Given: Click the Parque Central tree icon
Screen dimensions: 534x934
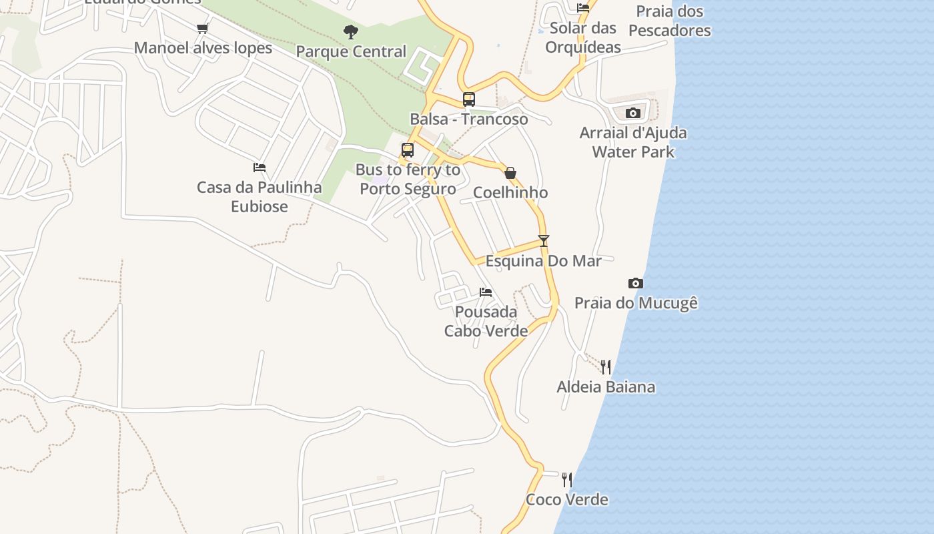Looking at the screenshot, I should point(350,31).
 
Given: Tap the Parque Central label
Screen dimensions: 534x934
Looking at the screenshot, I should point(351,51).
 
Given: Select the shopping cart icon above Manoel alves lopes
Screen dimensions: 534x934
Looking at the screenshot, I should point(203,28).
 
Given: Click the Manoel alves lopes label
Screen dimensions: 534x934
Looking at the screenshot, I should point(203,48).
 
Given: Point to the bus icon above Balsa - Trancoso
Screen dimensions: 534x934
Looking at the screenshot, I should point(469,99).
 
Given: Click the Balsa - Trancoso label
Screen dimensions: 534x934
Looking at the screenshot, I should point(468,119).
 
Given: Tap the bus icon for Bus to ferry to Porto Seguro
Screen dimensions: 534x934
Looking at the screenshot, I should point(408,150).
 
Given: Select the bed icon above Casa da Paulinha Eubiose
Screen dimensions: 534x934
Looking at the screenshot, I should point(260,168).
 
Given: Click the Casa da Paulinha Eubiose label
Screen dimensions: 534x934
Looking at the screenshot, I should point(260,197).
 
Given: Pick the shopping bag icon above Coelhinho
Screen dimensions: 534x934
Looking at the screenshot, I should point(510,173).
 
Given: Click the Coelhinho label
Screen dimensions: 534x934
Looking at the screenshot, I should point(510,193).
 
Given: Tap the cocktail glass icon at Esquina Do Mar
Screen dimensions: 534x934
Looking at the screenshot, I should point(544,241).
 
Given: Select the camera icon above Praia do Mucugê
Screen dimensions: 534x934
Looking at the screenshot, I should point(636,284).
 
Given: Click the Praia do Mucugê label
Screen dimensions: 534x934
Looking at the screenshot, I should point(636,303).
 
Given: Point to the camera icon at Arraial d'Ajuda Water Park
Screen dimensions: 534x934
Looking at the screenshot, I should point(633,113).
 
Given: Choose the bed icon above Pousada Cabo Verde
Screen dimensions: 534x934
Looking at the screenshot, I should point(486,292).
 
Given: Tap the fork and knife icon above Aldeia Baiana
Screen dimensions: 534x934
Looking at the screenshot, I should point(606,366).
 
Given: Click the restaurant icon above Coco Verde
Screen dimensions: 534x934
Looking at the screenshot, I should point(567,479).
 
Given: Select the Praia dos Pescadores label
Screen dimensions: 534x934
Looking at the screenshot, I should point(669,21).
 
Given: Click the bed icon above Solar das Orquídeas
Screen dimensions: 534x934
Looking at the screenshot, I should point(583,8).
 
